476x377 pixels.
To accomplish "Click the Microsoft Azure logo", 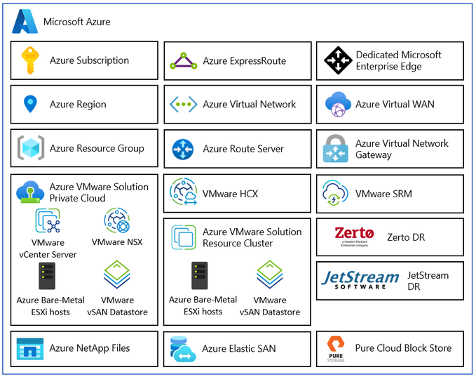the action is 25,21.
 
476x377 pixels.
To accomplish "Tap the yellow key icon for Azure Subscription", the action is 30,60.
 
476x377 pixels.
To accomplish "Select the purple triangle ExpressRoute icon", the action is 184,61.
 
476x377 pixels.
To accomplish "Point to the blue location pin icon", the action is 30,104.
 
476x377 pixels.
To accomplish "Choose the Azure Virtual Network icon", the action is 184,105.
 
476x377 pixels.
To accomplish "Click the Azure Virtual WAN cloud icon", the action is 338,105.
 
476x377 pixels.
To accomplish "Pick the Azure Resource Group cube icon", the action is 31,148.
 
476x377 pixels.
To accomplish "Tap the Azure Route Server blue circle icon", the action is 183,149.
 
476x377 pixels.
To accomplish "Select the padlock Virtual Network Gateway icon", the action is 336,148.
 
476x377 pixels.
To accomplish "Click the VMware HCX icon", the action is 184,192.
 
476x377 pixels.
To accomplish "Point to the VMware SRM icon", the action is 335,193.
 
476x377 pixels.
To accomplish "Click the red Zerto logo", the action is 354,237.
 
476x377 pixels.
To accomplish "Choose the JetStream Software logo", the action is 360,279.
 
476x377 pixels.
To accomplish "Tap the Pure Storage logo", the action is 336,349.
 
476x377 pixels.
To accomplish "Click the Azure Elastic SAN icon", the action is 183,349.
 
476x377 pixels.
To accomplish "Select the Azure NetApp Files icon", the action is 29,349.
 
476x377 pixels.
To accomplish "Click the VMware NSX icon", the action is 117,220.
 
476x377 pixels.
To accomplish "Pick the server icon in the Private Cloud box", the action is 47,276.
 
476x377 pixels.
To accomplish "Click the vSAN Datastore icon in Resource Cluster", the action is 270,275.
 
